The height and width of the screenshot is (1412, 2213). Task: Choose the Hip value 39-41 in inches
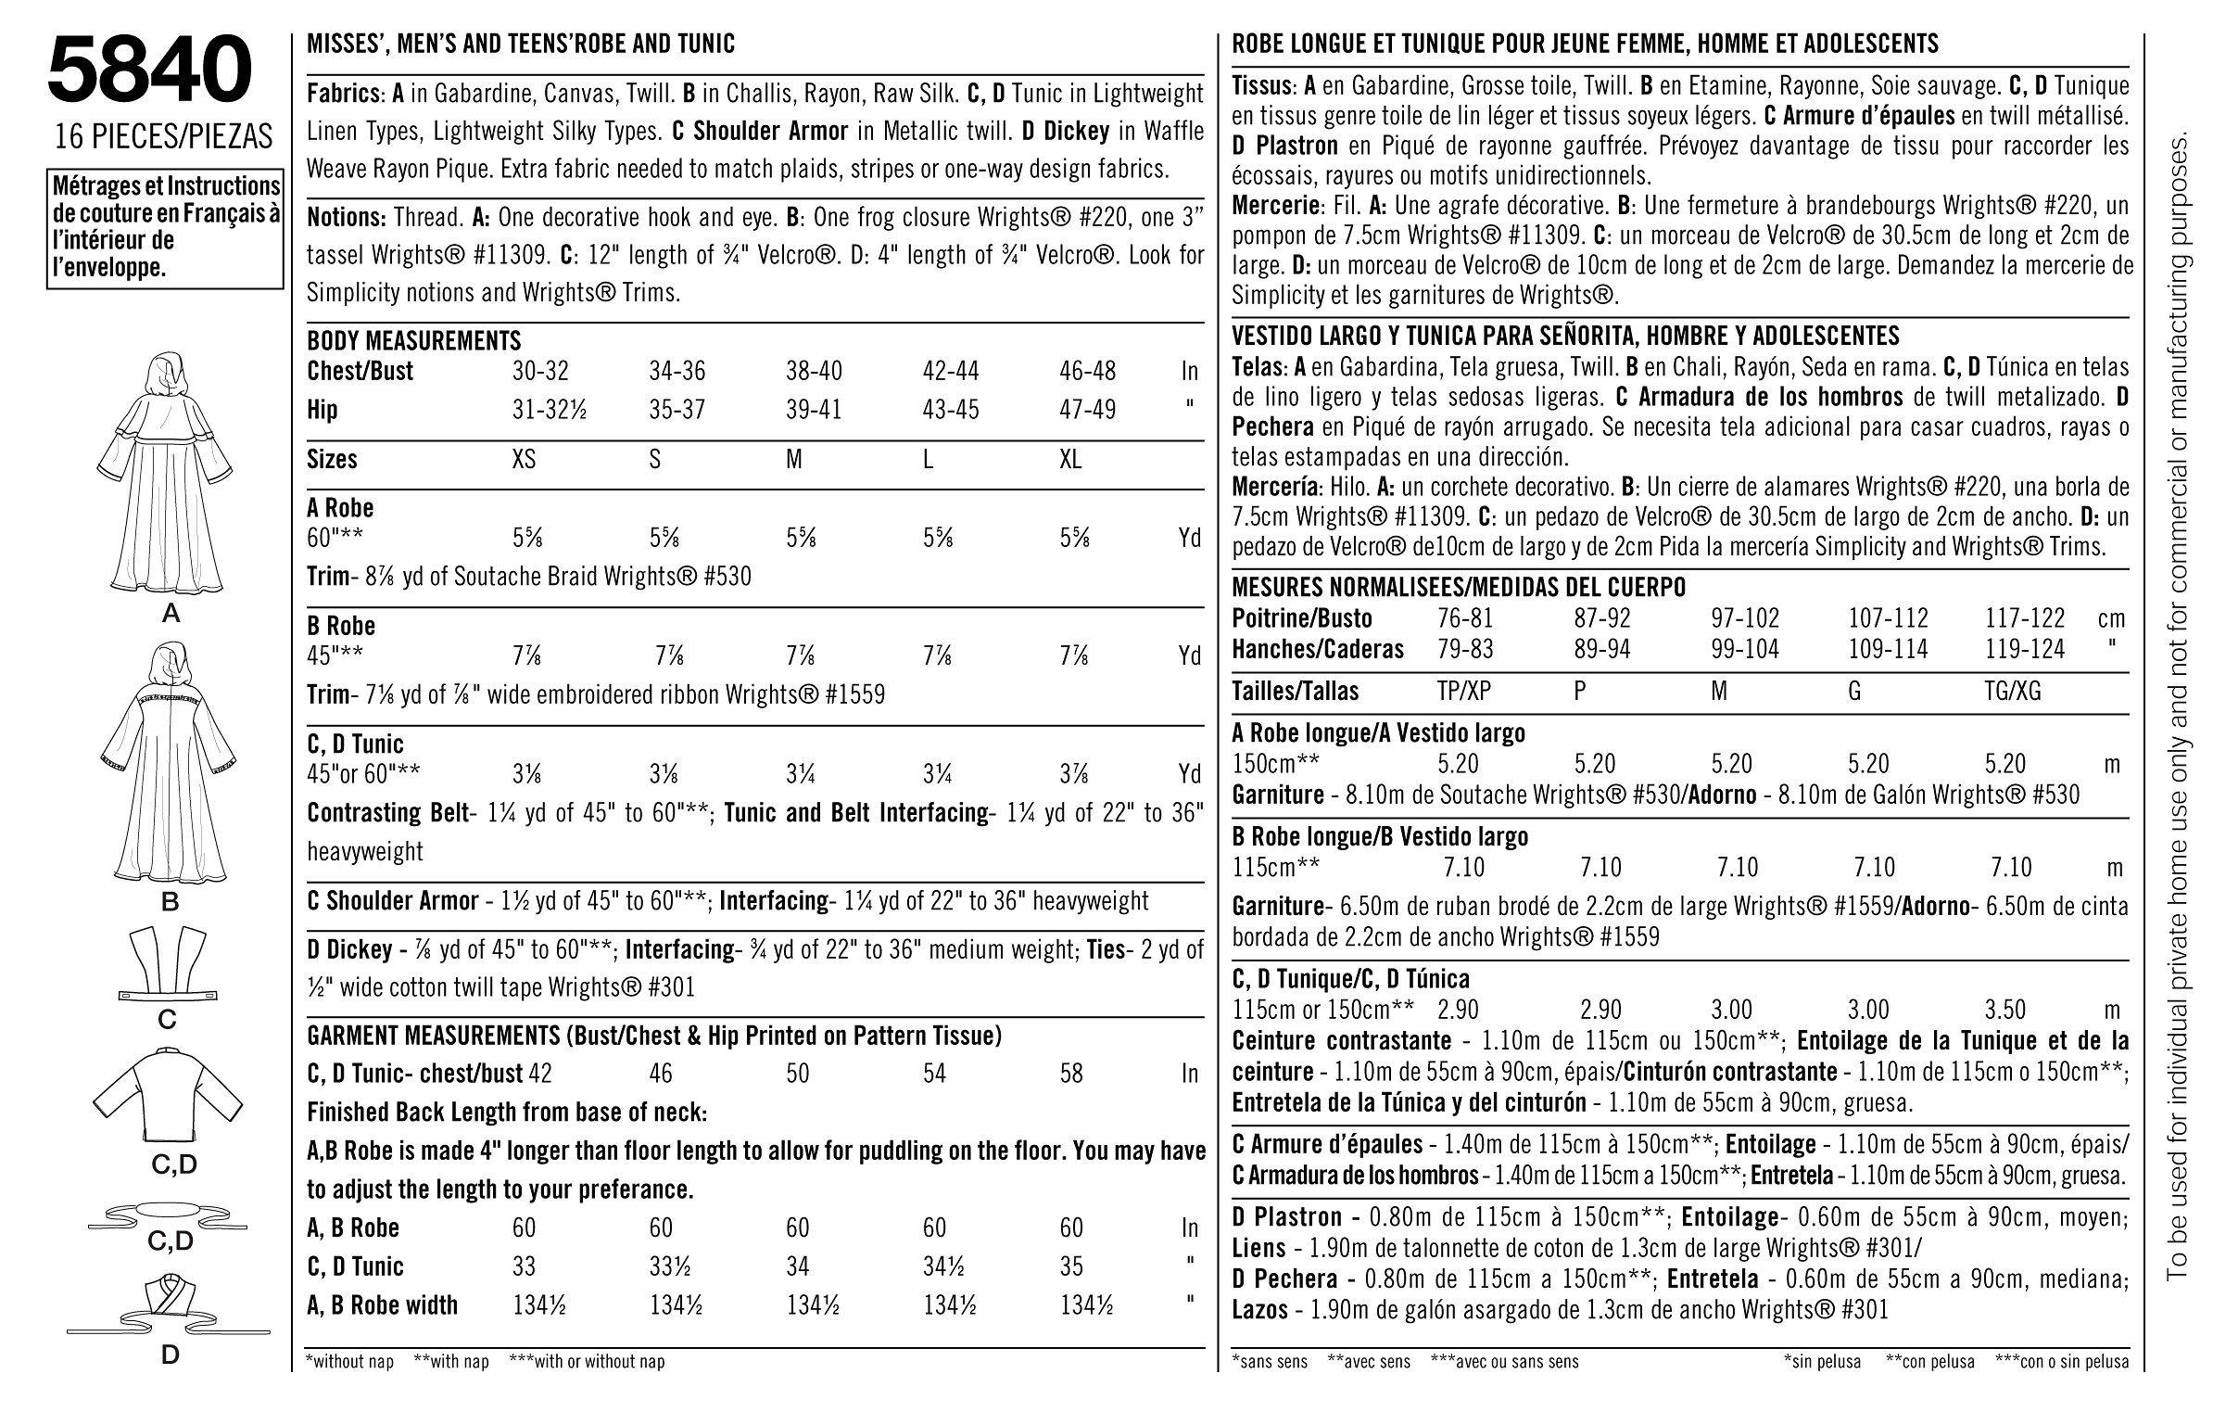pos(814,410)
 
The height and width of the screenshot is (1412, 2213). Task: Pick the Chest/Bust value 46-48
pos(1088,371)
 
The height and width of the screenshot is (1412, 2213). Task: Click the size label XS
pos(524,460)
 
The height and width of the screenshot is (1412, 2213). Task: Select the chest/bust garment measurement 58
pos(1071,1074)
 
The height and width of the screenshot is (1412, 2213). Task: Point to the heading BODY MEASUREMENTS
pos(414,340)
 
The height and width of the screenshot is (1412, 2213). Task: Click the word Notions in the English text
pos(346,218)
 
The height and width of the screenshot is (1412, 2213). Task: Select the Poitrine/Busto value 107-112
pos(1888,618)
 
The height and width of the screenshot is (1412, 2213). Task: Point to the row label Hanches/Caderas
pos(1318,649)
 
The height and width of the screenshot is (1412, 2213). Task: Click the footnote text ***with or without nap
pos(587,1362)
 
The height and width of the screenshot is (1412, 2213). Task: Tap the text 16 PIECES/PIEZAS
pos(163,137)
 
